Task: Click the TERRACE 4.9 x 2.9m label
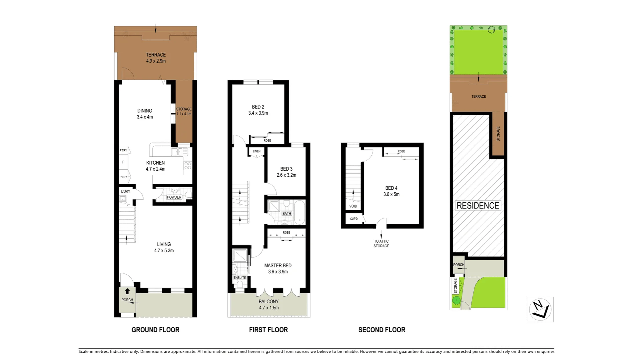point(156,58)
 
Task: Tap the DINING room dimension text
point(145,117)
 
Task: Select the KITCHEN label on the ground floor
point(155,163)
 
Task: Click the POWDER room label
point(174,197)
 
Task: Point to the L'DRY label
point(126,191)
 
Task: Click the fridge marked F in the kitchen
point(123,162)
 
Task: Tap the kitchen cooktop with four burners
point(188,165)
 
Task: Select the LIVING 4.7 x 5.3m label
point(164,247)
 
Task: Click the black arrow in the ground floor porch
point(127,291)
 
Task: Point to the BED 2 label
point(258,107)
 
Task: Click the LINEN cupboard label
point(257,151)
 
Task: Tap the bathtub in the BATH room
point(299,212)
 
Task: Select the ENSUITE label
point(240,278)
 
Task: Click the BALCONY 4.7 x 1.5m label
point(269,304)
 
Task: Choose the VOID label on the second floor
point(353,206)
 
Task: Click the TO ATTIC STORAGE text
point(381,243)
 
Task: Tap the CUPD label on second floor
point(354,219)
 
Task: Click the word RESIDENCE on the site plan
point(477,206)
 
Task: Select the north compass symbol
point(540,309)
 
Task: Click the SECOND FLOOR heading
point(381,330)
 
